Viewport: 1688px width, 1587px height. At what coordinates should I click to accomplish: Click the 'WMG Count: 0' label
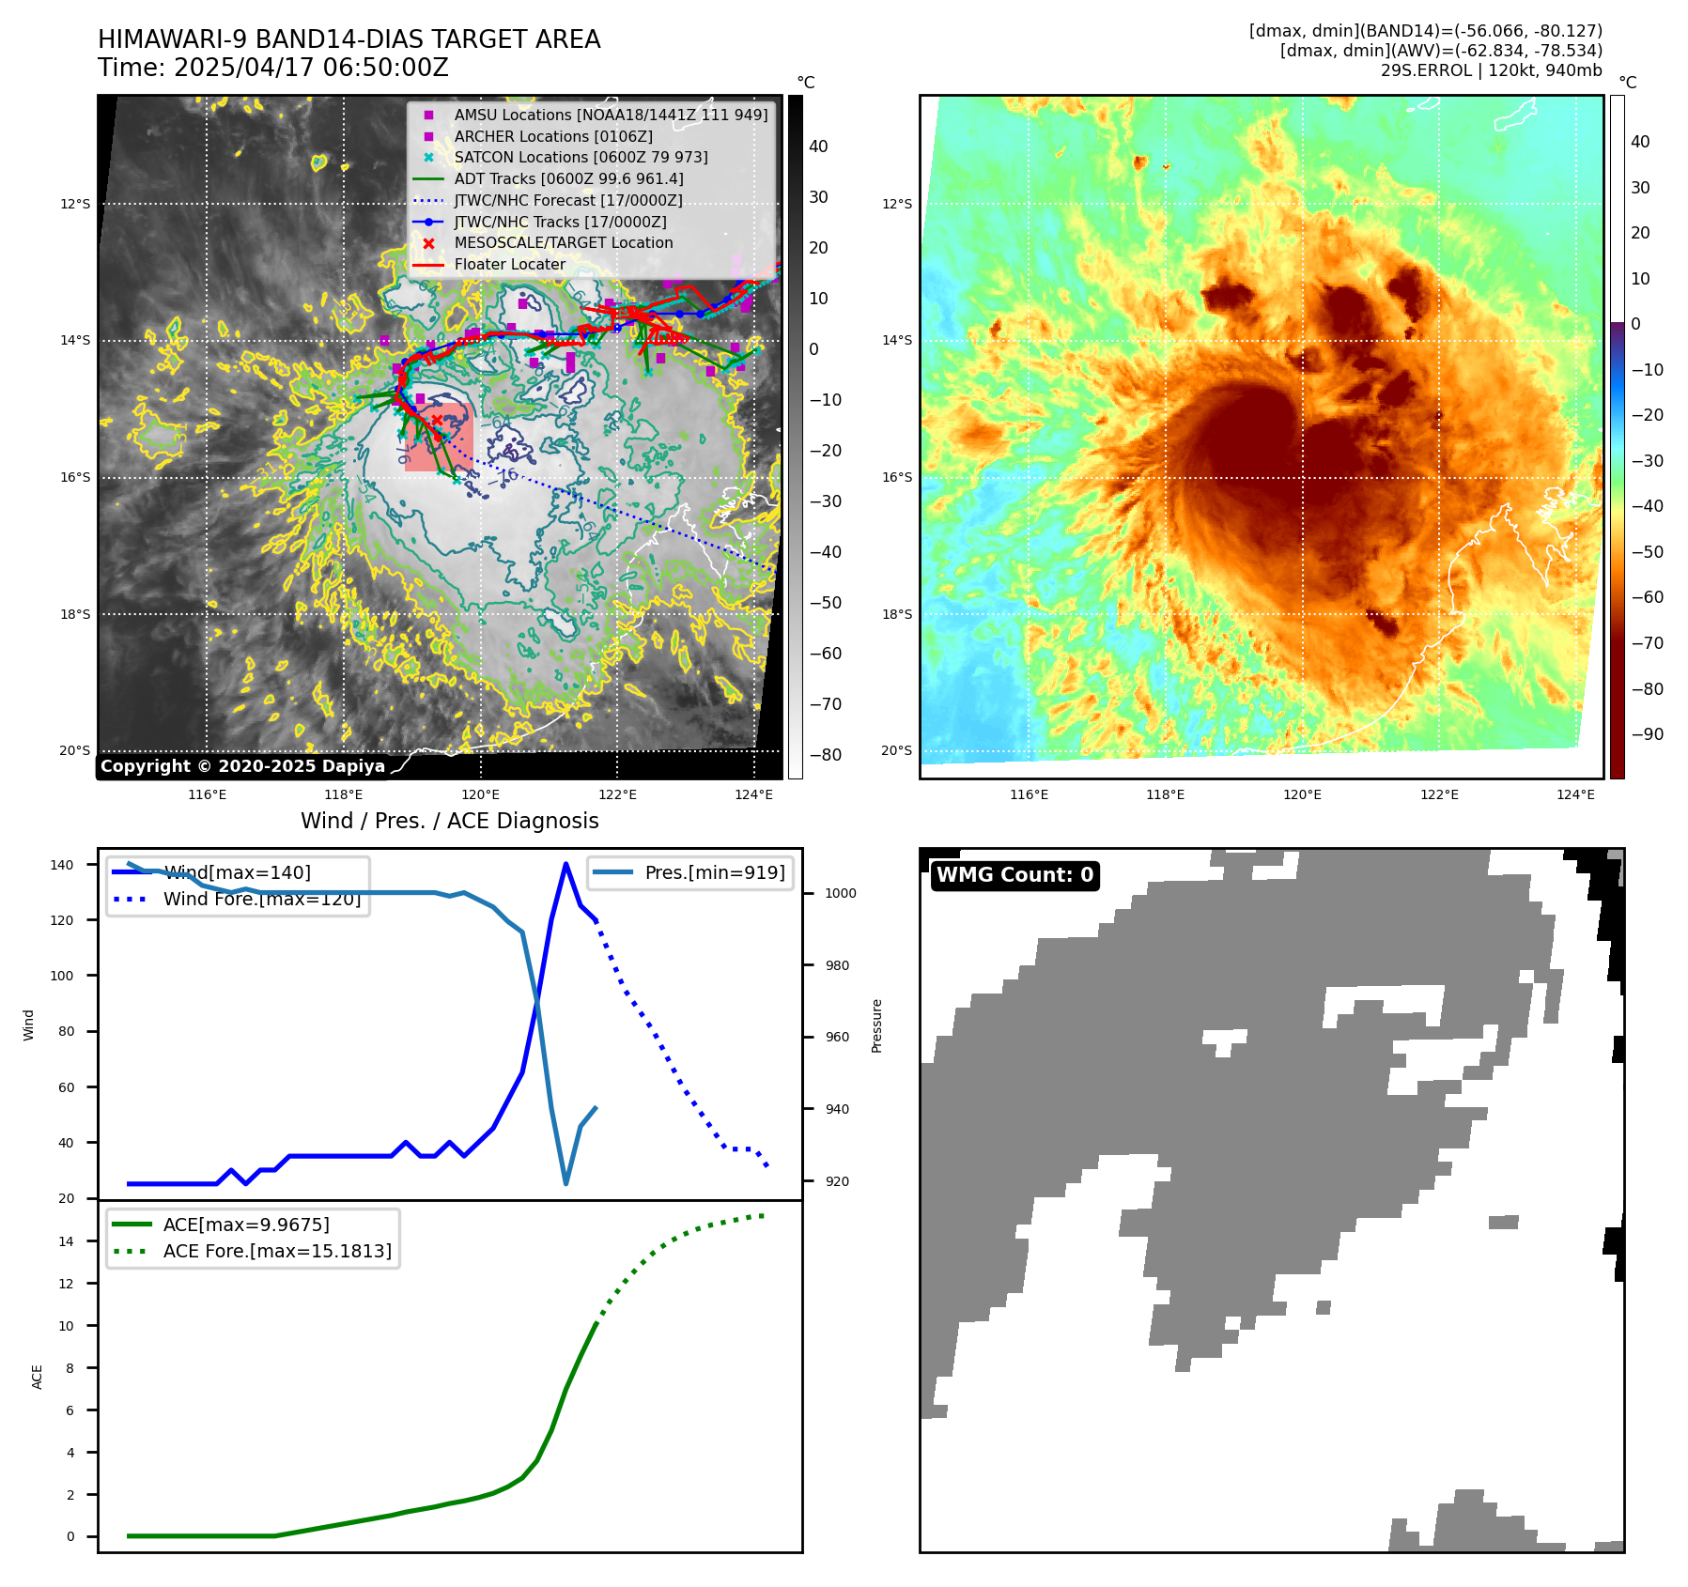[x=1014, y=875]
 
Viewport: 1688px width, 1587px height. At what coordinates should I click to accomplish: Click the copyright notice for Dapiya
[x=242, y=766]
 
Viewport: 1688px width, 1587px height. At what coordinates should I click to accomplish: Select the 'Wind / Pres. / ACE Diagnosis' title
[x=449, y=821]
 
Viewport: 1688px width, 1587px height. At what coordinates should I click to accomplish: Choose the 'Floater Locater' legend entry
[x=509, y=264]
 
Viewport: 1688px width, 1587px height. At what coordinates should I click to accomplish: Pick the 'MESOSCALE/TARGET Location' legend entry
[x=564, y=242]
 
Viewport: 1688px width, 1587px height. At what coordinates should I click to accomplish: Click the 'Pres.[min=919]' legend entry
[x=714, y=872]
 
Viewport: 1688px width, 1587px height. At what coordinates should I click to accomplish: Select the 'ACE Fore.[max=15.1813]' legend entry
[x=277, y=1251]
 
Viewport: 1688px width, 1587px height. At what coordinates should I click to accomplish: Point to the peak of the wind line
[x=565, y=864]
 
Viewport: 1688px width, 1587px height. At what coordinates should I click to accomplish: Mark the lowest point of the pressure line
[x=565, y=1183]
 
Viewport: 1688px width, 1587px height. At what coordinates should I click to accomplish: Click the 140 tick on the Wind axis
[x=62, y=865]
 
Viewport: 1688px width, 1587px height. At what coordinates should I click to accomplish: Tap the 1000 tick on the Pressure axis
[x=840, y=893]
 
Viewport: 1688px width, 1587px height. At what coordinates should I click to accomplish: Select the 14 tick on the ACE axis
[x=67, y=1241]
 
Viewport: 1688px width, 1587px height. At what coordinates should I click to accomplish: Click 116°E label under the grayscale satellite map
[x=207, y=794]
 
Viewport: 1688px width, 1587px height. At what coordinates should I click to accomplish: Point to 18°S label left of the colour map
[x=896, y=614]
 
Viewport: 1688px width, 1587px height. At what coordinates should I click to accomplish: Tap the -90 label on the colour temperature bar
[x=1647, y=734]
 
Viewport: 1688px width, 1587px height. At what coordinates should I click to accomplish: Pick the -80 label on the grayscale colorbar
[x=826, y=755]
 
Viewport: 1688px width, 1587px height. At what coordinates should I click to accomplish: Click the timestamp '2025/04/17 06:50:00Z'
[x=311, y=69]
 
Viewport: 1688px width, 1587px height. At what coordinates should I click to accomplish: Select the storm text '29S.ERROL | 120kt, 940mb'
[x=1491, y=70]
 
